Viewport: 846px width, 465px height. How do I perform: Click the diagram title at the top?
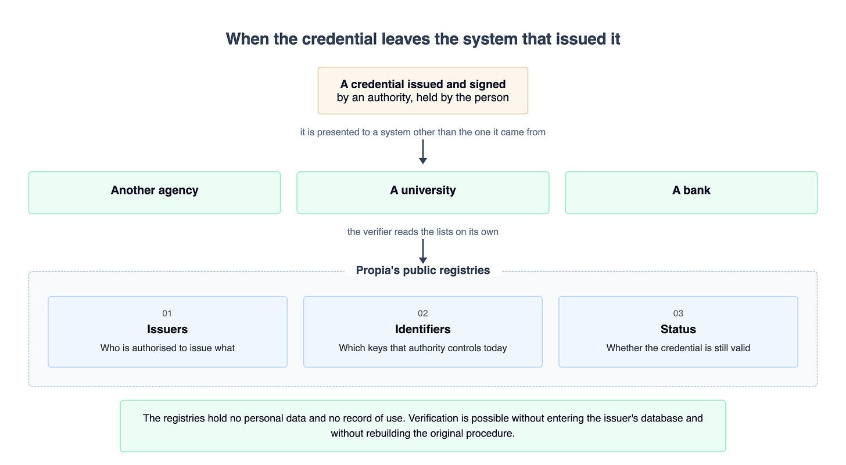pos(423,39)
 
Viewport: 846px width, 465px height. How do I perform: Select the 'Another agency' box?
pos(155,193)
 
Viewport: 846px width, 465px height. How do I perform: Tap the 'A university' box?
pos(422,193)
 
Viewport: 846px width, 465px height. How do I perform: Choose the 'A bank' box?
pos(691,193)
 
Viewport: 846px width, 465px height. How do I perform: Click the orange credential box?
pos(422,91)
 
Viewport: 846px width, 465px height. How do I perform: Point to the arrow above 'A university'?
pos(423,152)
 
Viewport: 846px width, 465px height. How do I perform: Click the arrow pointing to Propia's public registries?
pos(423,251)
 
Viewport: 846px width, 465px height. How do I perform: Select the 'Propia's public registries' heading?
pos(422,271)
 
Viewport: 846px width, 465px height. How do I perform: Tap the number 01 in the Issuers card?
pos(167,313)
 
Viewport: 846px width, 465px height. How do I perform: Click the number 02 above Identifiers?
pos(422,313)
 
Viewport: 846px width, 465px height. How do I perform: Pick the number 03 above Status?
pos(678,313)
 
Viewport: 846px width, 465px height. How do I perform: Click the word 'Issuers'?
pos(167,329)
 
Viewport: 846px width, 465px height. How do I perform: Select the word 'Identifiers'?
pos(422,329)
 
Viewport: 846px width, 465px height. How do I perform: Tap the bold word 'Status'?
pos(678,329)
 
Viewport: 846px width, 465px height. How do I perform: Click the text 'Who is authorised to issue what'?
pos(167,348)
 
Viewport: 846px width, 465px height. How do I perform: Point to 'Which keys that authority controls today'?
pos(422,348)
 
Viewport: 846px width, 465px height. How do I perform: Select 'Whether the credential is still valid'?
pos(678,348)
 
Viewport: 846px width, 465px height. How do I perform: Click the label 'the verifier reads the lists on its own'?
pos(422,232)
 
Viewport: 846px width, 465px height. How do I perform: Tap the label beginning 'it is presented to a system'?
pos(422,132)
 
